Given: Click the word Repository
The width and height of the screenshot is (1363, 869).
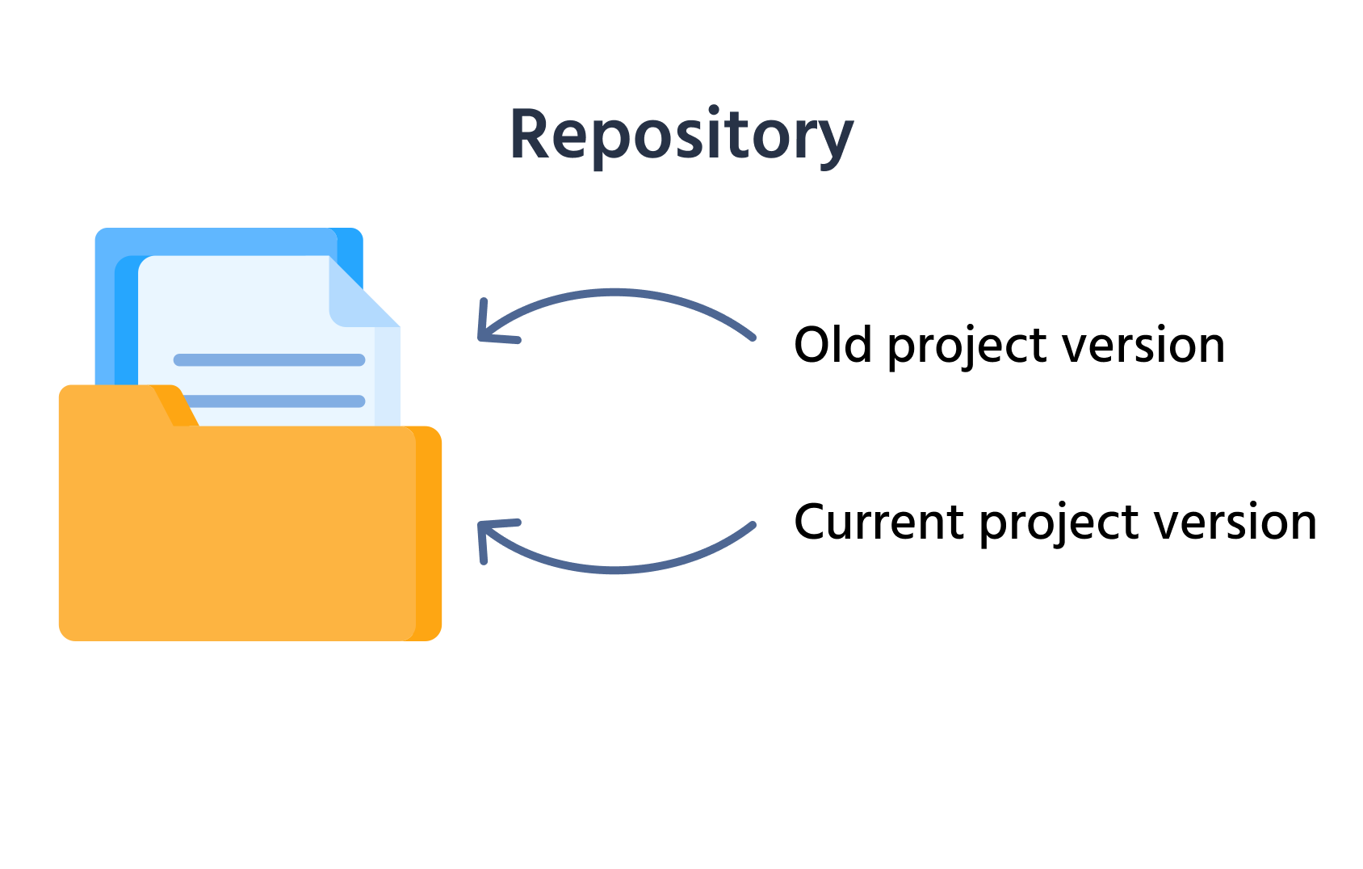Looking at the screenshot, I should (x=681, y=135).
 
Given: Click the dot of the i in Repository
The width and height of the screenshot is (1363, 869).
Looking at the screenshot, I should (x=714, y=110).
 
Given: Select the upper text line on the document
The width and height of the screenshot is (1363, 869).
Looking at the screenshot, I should (x=269, y=360).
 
